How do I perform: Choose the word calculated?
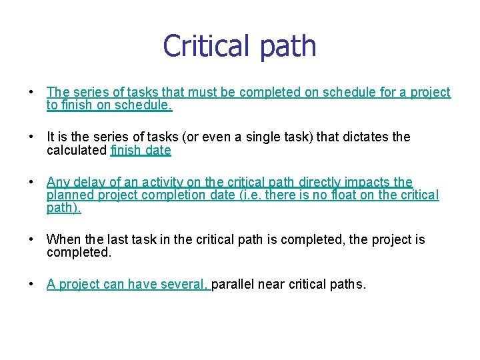click(x=76, y=150)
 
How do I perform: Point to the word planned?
click(x=70, y=195)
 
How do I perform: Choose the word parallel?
click(x=234, y=285)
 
